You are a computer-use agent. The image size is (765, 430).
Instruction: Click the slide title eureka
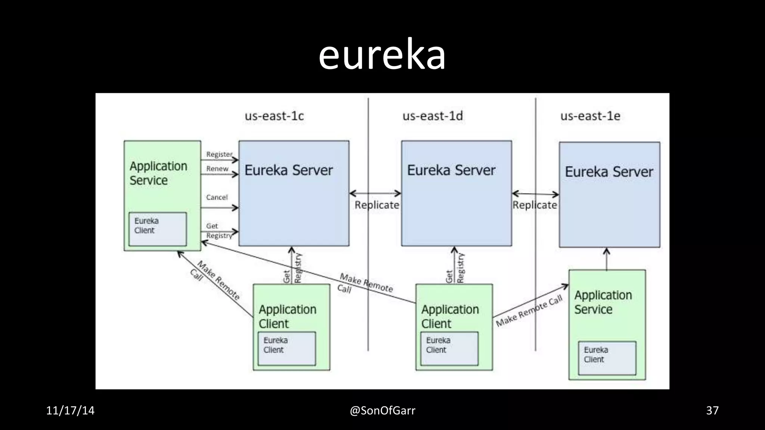[x=382, y=55]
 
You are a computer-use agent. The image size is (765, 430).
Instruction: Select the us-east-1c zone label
[x=274, y=116]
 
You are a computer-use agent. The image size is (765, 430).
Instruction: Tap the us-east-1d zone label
[x=433, y=116]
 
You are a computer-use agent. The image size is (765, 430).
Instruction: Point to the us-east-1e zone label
[x=590, y=116]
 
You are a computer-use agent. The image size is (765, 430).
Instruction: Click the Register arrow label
[x=219, y=154]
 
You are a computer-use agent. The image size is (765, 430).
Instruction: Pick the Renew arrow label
[x=217, y=169]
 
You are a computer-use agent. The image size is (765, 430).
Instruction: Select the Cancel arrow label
[x=217, y=197]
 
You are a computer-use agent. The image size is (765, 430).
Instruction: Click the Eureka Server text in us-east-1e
[x=609, y=172]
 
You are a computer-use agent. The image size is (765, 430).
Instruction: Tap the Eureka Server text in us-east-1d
[x=451, y=171]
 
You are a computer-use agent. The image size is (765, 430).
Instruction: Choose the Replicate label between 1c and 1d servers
[x=377, y=205]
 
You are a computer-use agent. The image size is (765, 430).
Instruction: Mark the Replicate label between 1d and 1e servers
[x=535, y=205]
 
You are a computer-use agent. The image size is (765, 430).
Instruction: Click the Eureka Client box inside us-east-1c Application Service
[x=157, y=229]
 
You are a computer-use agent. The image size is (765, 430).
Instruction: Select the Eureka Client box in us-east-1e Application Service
[x=607, y=358]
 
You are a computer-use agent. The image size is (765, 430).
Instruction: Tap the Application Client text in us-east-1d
[x=450, y=317]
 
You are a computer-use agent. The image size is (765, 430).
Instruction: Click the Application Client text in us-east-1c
[x=287, y=317]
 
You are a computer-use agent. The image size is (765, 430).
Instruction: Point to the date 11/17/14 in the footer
[x=70, y=411]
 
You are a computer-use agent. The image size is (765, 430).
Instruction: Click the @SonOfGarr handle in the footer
[x=382, y=411]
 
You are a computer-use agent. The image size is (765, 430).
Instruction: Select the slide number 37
[x=712, y=411]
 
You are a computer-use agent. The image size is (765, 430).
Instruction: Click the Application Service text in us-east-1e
[x=603, y=302]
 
